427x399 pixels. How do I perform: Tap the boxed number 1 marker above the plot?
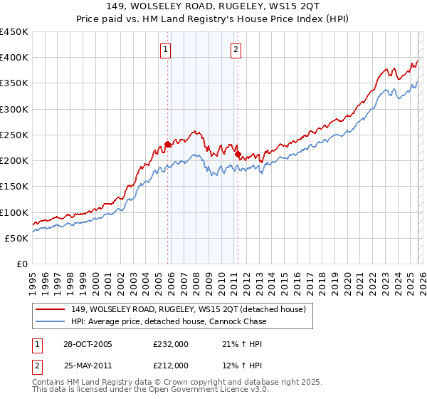[x=166, y=50]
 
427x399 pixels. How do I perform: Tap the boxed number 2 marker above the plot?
[x=236, y=50]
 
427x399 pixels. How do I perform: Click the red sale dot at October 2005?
[x=168, y=144]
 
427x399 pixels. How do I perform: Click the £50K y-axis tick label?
[x=17, y=238]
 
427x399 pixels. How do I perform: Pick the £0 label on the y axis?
[x=22, y=264]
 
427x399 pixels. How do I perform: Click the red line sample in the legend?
[x=51, y=309]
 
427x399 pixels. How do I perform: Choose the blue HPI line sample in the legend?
[x=51, y=321]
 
